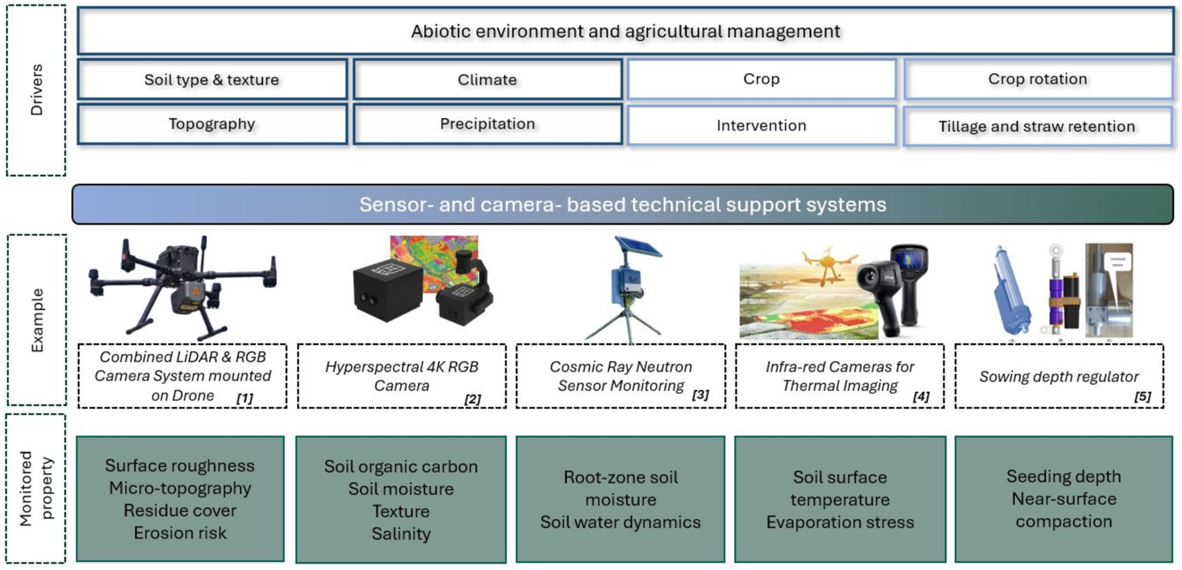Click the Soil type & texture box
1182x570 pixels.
tap(212, 80)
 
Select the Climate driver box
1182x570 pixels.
tap(487, 80)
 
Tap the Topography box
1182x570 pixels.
tap(212, 124)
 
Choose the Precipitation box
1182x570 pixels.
tap(487, 124)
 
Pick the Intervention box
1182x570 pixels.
tap(761, 126)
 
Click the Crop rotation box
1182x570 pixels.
tap(1038, 79)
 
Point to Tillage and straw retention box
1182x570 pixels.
tap(1036, 127)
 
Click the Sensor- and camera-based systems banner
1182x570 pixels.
tap(622, 205)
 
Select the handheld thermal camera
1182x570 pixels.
tap(894, 289)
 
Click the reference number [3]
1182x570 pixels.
tap(700, 395)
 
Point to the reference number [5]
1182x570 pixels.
tap(1142, 396)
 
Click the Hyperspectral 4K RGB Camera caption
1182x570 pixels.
tap(402, 376)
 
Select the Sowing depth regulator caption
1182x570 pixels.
tap(1058, 377)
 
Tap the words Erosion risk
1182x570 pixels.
tap(180, 533)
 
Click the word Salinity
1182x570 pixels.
tap(401, 534)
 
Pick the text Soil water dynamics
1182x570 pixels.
tap(620, 522)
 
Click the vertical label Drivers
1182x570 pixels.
tap(37, 90)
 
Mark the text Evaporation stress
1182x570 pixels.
tap(840, 522)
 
